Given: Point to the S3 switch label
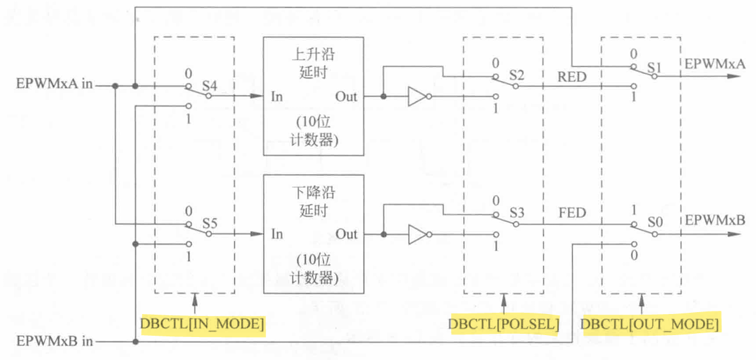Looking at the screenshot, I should click(517, 213).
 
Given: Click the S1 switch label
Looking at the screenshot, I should click(655, 66).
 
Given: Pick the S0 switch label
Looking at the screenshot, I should click(655, 223).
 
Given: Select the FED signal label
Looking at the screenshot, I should click(572, 213).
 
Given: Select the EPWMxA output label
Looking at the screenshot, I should click(715, 63).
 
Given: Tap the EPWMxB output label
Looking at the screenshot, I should click(715, 221).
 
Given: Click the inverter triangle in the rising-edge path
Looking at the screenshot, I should click(417, 97).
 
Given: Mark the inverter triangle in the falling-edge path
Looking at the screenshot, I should click(417, 234).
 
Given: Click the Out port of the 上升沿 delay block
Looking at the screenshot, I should click(346, 96).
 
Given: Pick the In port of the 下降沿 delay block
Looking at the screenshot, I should click(277, 234).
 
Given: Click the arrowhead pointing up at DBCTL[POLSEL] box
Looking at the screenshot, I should click(504, 298).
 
